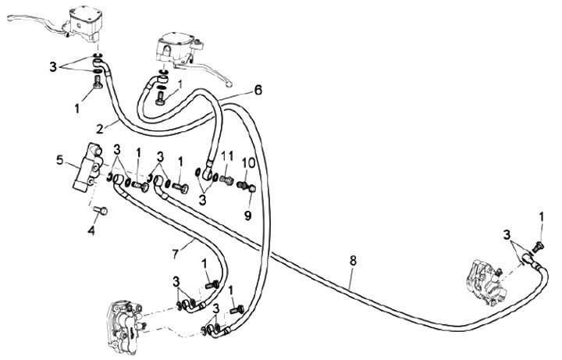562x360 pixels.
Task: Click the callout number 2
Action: tap(101, 127)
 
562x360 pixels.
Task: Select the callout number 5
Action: tap(59, 162)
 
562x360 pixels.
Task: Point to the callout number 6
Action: tap(258, 90)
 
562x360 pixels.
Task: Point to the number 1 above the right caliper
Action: tap(541, 215)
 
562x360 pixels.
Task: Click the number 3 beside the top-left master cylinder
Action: tap(53, 67)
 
